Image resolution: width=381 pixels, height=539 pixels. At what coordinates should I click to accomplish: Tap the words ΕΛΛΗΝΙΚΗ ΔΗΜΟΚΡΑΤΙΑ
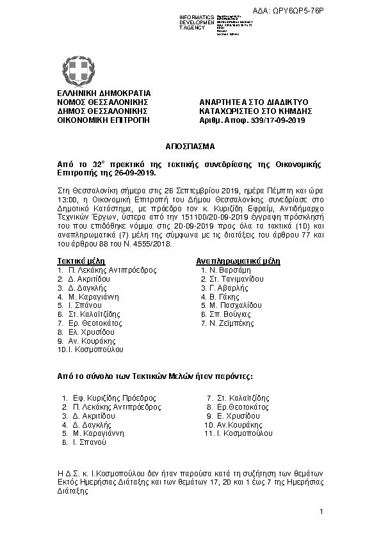coord(95,94)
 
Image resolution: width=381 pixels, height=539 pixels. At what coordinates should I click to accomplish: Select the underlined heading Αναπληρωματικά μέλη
coord(238,261)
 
